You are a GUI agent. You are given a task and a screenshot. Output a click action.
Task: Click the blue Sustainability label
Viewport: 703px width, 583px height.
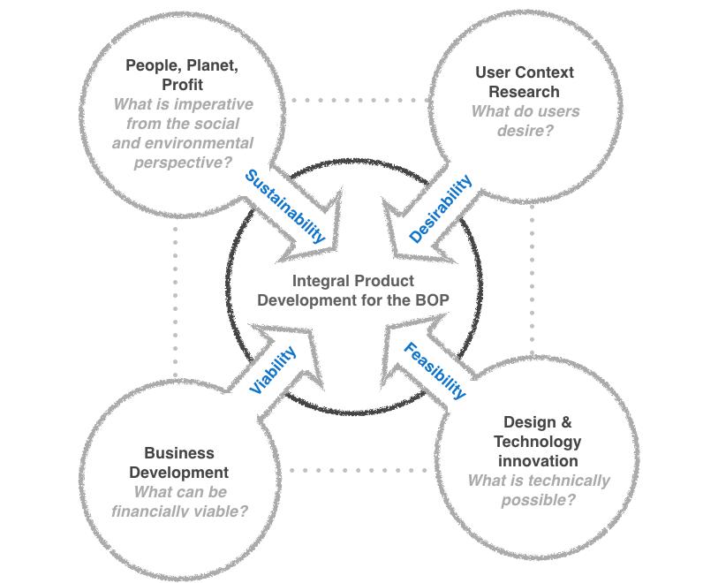pyautogui.click(x=284, y=206)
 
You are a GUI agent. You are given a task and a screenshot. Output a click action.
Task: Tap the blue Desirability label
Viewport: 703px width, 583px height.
pyautogui.click(x=441, y=208)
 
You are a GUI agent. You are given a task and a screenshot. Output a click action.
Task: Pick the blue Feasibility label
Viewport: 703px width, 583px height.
pyautogui.click(x=435, y=370)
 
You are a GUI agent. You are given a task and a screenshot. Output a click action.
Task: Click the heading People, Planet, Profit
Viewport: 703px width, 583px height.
pyautogui.click(x=182, y=74)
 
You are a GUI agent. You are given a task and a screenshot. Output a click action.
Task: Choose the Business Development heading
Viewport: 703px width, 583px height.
pyautogui.click(x=178, y=462)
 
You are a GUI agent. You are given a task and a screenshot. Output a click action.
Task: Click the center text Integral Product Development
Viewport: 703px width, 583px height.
pyautogui.click(x=352, y=291)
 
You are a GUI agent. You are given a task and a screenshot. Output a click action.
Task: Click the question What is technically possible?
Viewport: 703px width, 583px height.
pyautogui.click(x=538, y=490)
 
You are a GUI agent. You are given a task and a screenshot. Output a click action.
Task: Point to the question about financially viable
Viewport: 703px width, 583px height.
pyautogui.click(x=178, y=502)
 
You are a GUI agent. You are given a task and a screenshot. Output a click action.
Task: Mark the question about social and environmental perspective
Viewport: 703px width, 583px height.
pyautogui.click(x=182, y=132)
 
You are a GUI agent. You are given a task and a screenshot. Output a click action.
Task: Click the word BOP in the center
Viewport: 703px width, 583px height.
pyautogui.click(x=432, y=300)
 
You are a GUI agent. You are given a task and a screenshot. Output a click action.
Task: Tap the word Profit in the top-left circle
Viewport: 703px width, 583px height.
pyautogui.click(x=182, y=85)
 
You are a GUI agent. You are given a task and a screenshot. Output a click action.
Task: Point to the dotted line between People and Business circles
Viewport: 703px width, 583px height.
pyautogui.click(x=176, y=300)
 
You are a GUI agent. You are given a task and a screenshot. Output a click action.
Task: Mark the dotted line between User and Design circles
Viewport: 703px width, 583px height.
pyautogui.click(x=533, y=283)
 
